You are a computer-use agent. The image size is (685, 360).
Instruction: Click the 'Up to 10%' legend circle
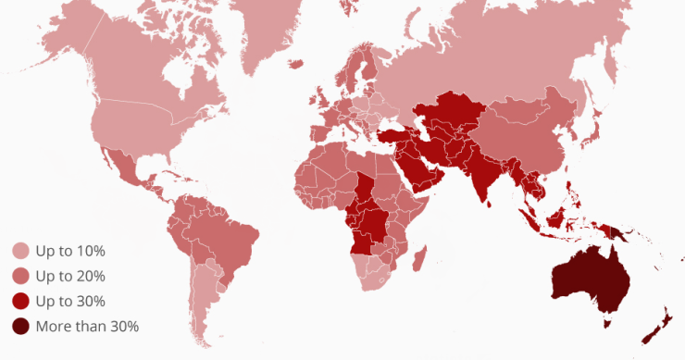click(x=20, y=251)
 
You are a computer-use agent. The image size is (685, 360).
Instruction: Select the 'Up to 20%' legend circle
click(x=20, y=276)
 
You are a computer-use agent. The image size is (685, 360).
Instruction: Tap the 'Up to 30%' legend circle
click(x=20, y=301)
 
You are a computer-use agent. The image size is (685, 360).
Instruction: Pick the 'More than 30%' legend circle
click(x=20, y=326)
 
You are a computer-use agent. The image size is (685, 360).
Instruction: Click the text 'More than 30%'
click(x=87, y=326)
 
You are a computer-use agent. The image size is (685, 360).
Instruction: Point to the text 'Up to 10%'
click(x=70, y=251)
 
